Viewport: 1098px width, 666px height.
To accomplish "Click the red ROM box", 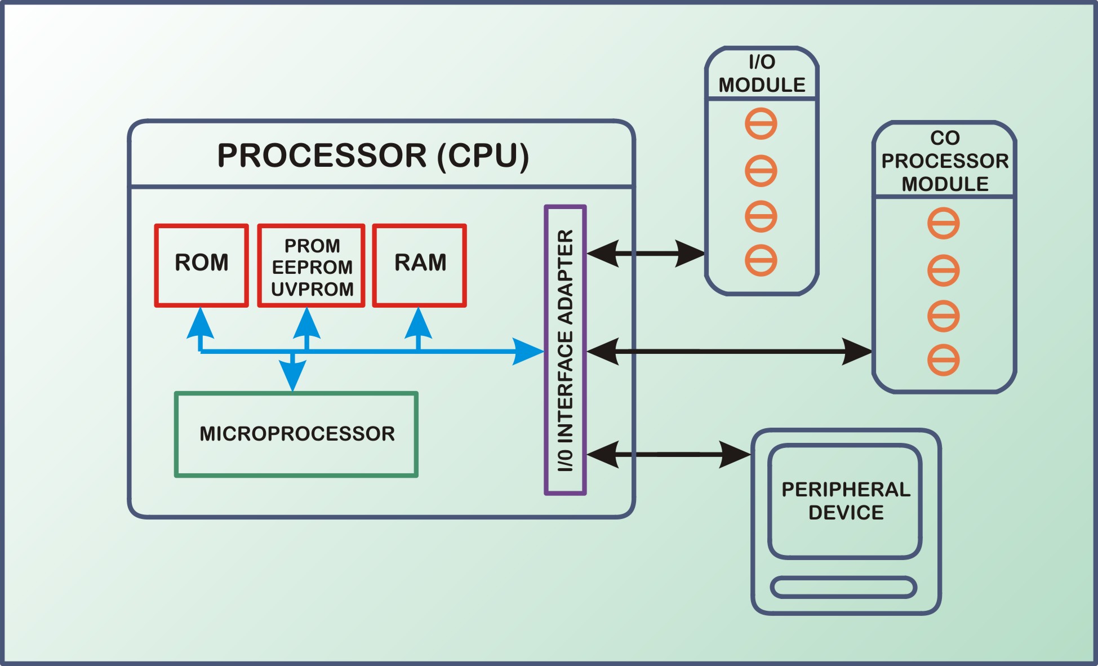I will click(202, 265).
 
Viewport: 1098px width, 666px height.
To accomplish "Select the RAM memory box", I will click(420, 265).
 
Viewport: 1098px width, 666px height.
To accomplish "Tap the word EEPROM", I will click(312, 267).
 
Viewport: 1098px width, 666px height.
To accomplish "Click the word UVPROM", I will click(312, 289).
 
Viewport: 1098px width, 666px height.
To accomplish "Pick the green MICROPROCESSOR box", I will click(296, 434).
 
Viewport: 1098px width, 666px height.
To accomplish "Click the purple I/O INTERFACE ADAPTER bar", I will click(565, 350).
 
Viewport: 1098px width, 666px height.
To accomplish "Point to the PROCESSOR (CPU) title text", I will click(373, 156).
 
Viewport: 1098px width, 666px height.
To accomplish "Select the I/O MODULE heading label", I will click(762, 74).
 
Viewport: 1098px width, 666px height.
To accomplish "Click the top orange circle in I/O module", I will click(761, 123).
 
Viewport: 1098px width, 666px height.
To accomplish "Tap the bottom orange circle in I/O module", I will click(761, 260).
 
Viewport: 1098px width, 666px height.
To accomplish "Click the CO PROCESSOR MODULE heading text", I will click(945, 161).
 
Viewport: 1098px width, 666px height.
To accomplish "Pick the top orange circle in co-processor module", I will click(944, 223).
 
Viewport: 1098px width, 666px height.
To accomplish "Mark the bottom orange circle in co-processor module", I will click(944, 360).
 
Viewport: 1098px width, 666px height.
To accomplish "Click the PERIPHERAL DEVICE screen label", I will click(846, 501).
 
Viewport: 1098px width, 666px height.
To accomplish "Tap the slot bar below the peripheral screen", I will click(843, 587).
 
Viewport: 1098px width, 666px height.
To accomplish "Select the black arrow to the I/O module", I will click(646, 254).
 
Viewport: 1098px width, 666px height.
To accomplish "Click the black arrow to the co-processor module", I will click(729, 352).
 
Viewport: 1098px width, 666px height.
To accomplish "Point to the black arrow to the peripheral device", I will click(669, 454).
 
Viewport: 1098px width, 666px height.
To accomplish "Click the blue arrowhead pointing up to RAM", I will click(419, 324).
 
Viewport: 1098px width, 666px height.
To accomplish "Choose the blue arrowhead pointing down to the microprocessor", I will click(293, 375).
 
